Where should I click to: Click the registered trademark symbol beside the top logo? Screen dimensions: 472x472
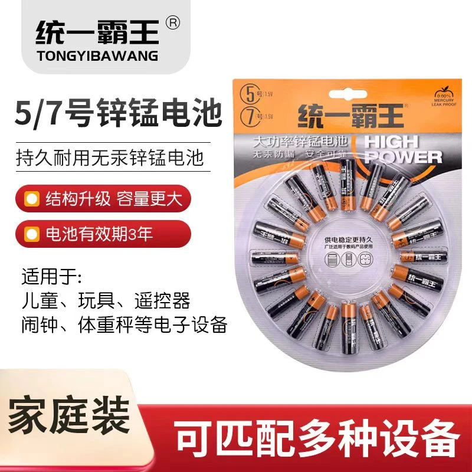172,22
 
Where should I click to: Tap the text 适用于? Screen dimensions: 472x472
53,277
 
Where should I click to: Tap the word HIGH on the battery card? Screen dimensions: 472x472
390,142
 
